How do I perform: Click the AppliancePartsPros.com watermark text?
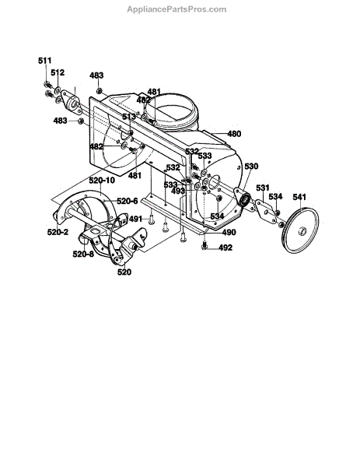pyautogui.click(x=177, y=9)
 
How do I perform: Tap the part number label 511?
pyautogui.click(x=44, y=61)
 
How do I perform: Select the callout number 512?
pyautogui.click(x=58, y=72)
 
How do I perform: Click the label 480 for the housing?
pyautogui.click(x=234, y=134)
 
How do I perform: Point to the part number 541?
pyautogui.click(x=299, y=197)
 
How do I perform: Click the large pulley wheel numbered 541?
pyautogui.click(x=300, y=230)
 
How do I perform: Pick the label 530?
pyautogui.click(x=251, y=167)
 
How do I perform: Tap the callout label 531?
pyautogui.click(x=263, y=188)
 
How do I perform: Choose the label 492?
pyautogui.click(x=225, y=248)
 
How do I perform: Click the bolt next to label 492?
pyautogui.click(x=204, y=246)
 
